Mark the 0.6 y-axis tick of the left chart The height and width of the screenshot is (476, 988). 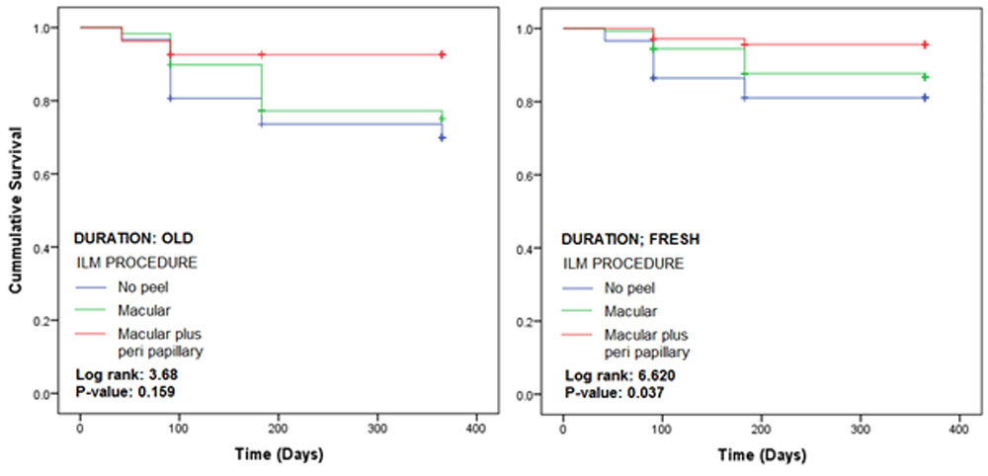tap(53, 175)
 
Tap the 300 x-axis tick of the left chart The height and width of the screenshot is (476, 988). tap(377, 431)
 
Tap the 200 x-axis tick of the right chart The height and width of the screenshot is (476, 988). tap(760, 431)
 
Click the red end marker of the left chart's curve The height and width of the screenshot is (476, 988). tap(442, 55)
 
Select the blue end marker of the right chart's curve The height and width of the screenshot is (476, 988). tap(925, 98)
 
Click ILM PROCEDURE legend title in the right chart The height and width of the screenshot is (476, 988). tap(622, 265)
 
